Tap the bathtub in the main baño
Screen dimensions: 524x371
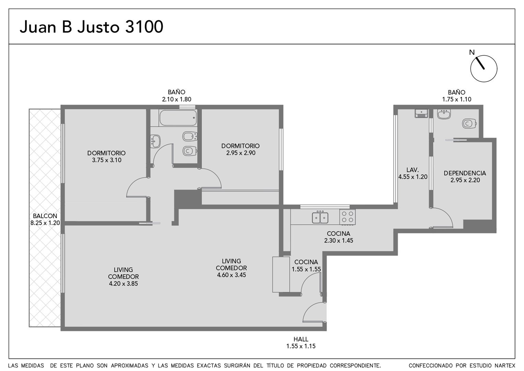178,118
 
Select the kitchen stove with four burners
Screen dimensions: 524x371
347,217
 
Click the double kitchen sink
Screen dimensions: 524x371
320,217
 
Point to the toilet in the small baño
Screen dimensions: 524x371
469,124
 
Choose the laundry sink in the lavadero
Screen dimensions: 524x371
421,113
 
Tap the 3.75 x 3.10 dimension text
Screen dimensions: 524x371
107,160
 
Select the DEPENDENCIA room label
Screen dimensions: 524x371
465,173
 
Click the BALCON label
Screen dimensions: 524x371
45,216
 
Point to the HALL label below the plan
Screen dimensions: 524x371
301,339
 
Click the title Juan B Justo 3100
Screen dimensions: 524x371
92,27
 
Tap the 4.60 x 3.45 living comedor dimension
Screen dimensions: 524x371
231,275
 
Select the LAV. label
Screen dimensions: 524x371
413,170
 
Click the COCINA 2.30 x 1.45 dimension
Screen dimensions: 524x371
338,240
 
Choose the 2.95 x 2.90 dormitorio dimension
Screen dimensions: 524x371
241,153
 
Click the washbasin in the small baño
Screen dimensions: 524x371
444,114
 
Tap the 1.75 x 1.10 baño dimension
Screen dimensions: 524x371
457,99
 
